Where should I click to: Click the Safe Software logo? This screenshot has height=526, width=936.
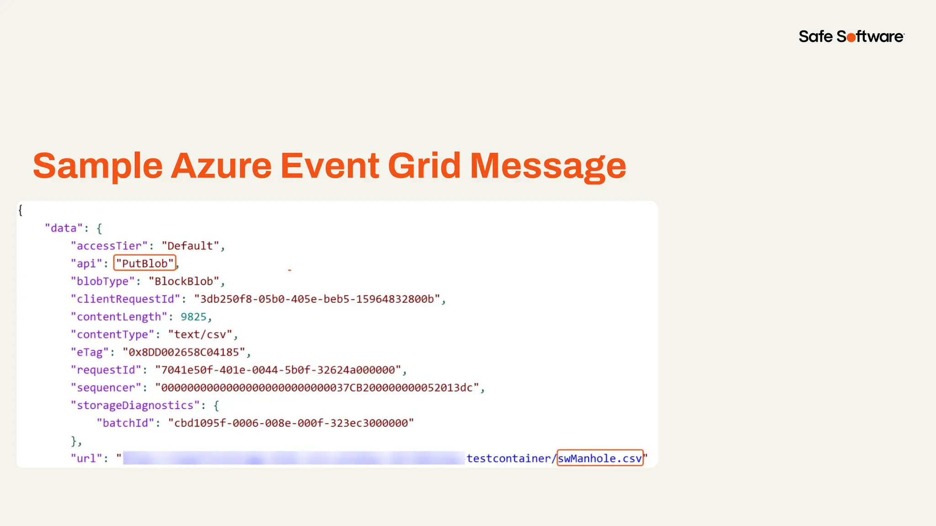851,37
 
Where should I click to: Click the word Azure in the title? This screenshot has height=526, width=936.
221,166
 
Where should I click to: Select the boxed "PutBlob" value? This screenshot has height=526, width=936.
145,263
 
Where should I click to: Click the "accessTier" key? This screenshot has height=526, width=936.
109,246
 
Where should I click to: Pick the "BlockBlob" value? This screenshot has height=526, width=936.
184,281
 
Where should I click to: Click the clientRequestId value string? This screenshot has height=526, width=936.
317,299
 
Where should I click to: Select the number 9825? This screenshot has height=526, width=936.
193,317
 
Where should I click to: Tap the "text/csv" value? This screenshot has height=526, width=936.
200,335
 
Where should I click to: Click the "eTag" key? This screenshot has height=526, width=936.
90,352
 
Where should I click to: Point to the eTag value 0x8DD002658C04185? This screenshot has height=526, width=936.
184,352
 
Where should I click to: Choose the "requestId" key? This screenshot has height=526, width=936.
106,370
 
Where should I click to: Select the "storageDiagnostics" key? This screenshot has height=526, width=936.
135,405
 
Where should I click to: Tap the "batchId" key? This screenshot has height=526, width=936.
125,423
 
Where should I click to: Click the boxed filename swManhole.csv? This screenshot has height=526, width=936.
600,458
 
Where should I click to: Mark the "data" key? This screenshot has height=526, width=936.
64,228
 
